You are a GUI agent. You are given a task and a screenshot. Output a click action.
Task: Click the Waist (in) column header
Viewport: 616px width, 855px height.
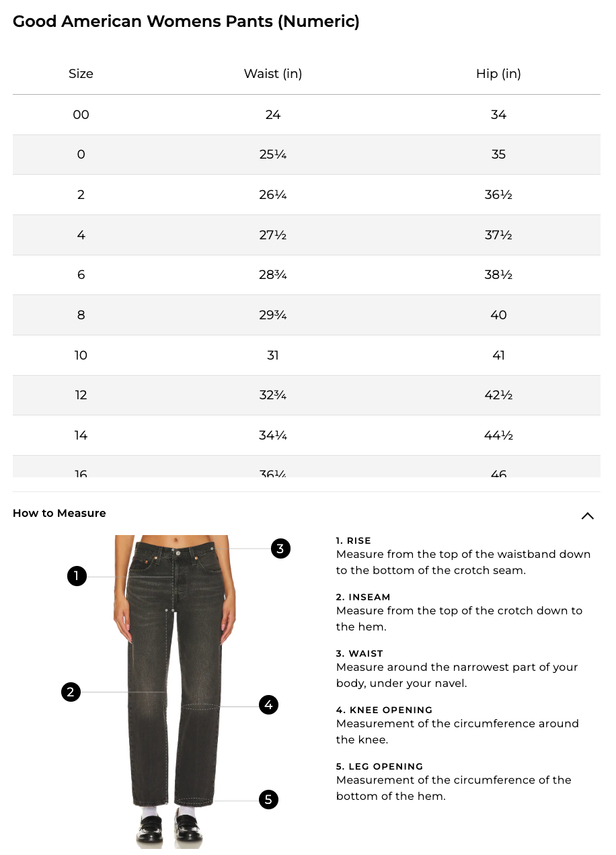(272, 74)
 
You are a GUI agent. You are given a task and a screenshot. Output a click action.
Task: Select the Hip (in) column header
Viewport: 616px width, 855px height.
(498, 74)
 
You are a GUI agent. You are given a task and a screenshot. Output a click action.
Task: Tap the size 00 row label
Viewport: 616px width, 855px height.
(81, 115)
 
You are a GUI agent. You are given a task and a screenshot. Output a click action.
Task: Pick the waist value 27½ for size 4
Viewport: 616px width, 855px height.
(272, 235)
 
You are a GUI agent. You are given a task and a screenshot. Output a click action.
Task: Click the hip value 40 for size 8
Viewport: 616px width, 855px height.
(498, 315)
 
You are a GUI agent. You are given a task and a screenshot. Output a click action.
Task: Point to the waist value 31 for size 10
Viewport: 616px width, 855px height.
(272, 356)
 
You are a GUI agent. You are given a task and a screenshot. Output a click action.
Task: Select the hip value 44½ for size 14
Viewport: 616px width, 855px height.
(498, 436)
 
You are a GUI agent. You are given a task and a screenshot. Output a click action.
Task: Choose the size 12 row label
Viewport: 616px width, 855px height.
(81, 395)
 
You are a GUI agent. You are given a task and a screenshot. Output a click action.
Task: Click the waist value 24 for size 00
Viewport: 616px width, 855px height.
(272, 115)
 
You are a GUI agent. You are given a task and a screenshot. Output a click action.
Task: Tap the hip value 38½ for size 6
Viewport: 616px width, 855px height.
(498, 275)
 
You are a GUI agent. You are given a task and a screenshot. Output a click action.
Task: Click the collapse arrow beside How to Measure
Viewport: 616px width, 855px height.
(587, 516)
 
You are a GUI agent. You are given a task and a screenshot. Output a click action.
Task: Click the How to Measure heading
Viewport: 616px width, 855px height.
(59, 514)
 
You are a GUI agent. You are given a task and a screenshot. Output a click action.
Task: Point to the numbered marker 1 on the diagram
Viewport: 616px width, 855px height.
(77, 576)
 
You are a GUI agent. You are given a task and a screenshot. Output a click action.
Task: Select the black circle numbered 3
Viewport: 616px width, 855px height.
(280, 548)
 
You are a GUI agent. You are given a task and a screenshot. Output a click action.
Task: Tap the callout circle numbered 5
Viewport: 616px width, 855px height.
(268, 799)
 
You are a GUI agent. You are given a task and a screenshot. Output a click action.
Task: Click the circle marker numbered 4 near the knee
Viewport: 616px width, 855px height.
(268, 705)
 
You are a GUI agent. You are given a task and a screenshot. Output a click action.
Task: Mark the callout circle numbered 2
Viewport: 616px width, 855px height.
(71, 692)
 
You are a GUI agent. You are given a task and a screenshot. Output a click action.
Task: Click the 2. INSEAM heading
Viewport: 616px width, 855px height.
(363, 597)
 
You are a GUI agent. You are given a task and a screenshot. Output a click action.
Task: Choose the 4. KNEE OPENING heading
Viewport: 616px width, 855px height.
(384, 710)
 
